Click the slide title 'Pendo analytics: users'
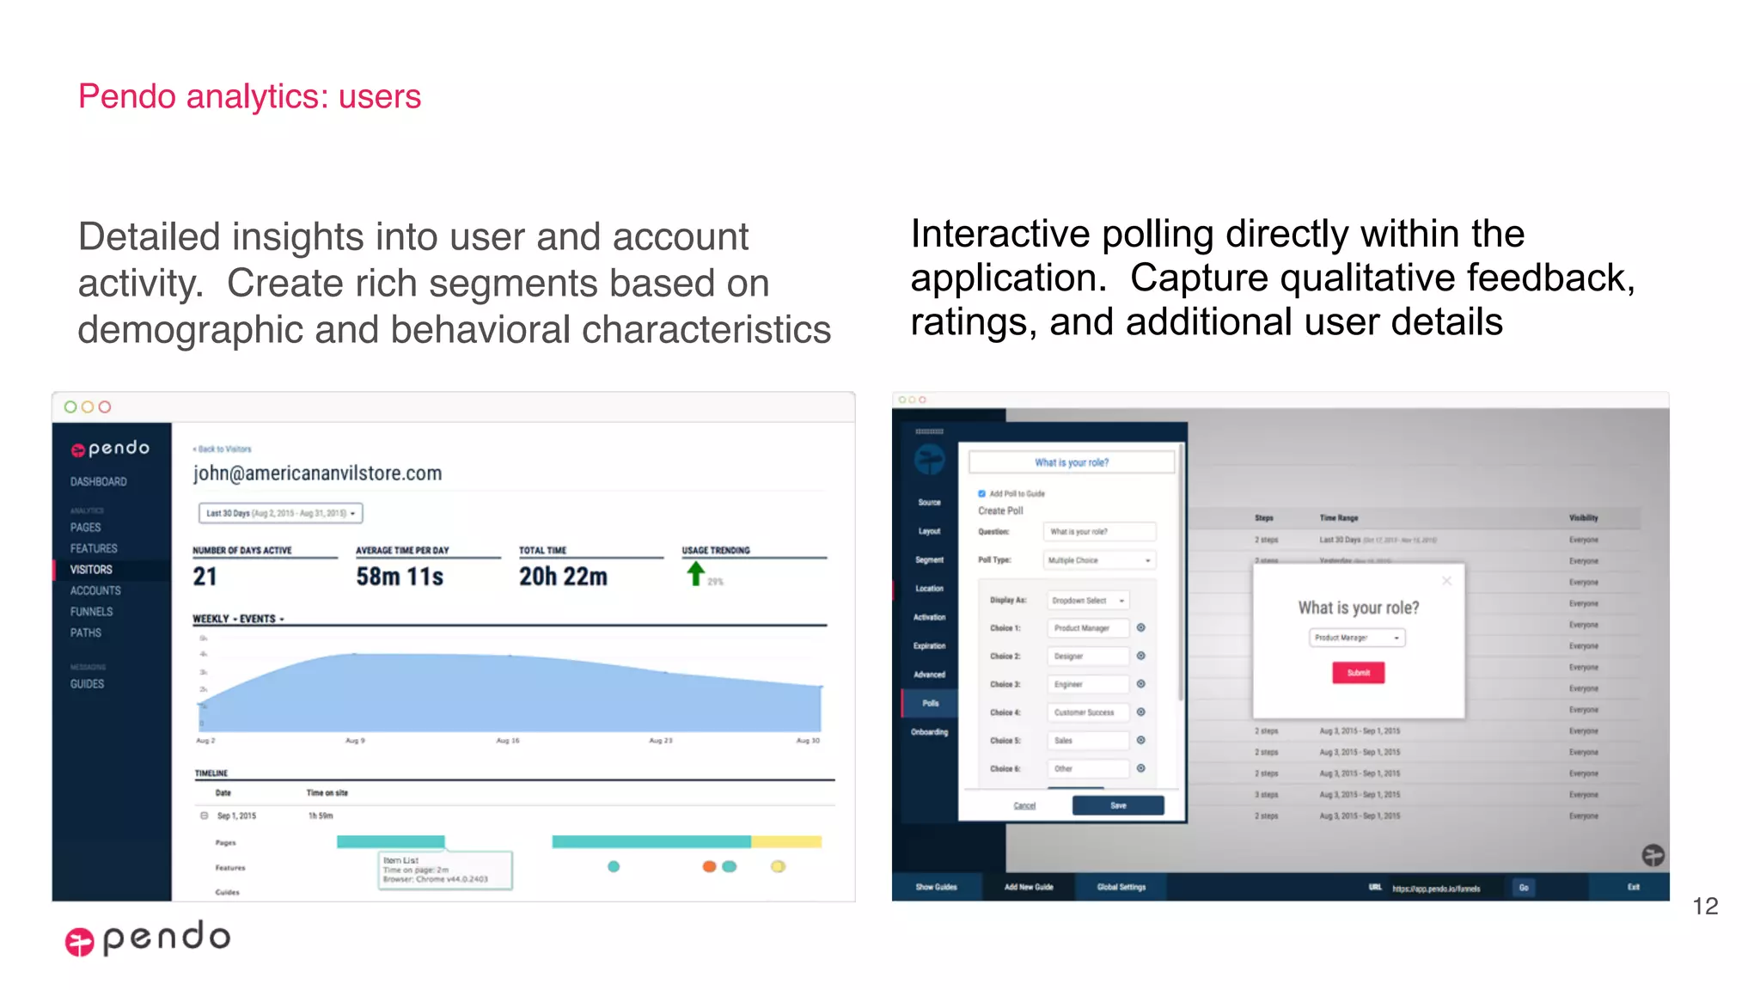click(249, 96)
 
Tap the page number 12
click(1705, 906)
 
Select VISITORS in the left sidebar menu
click(91, 570)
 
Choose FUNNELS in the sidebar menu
click(91, 612)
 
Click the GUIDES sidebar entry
click(87, 684)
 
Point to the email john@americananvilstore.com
click(317, 474)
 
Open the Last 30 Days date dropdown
click(280, 513)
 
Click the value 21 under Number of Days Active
click(205, 577)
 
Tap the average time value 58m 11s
click(400, 577)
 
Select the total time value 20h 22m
click(563, 577)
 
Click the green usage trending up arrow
click(695, 573)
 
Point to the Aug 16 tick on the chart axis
click(507, 740)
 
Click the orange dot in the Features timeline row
click(709, 866)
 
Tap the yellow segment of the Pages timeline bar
click(786, 841)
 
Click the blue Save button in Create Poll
click(1117, 805)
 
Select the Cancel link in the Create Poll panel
click(1024, 805)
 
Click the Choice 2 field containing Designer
click(1087, 656)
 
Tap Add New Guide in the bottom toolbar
click(1029, 887)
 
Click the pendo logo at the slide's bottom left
click(148, 938)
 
